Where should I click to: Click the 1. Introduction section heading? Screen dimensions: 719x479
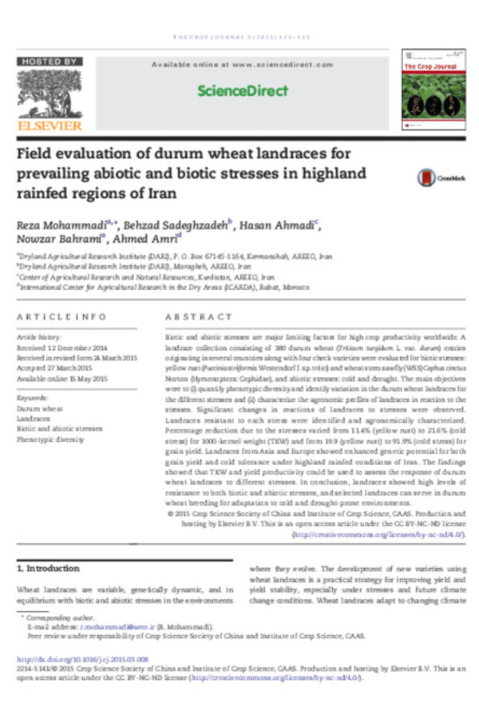click(48, 568)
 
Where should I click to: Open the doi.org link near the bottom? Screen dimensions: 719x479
click(82, 660)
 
